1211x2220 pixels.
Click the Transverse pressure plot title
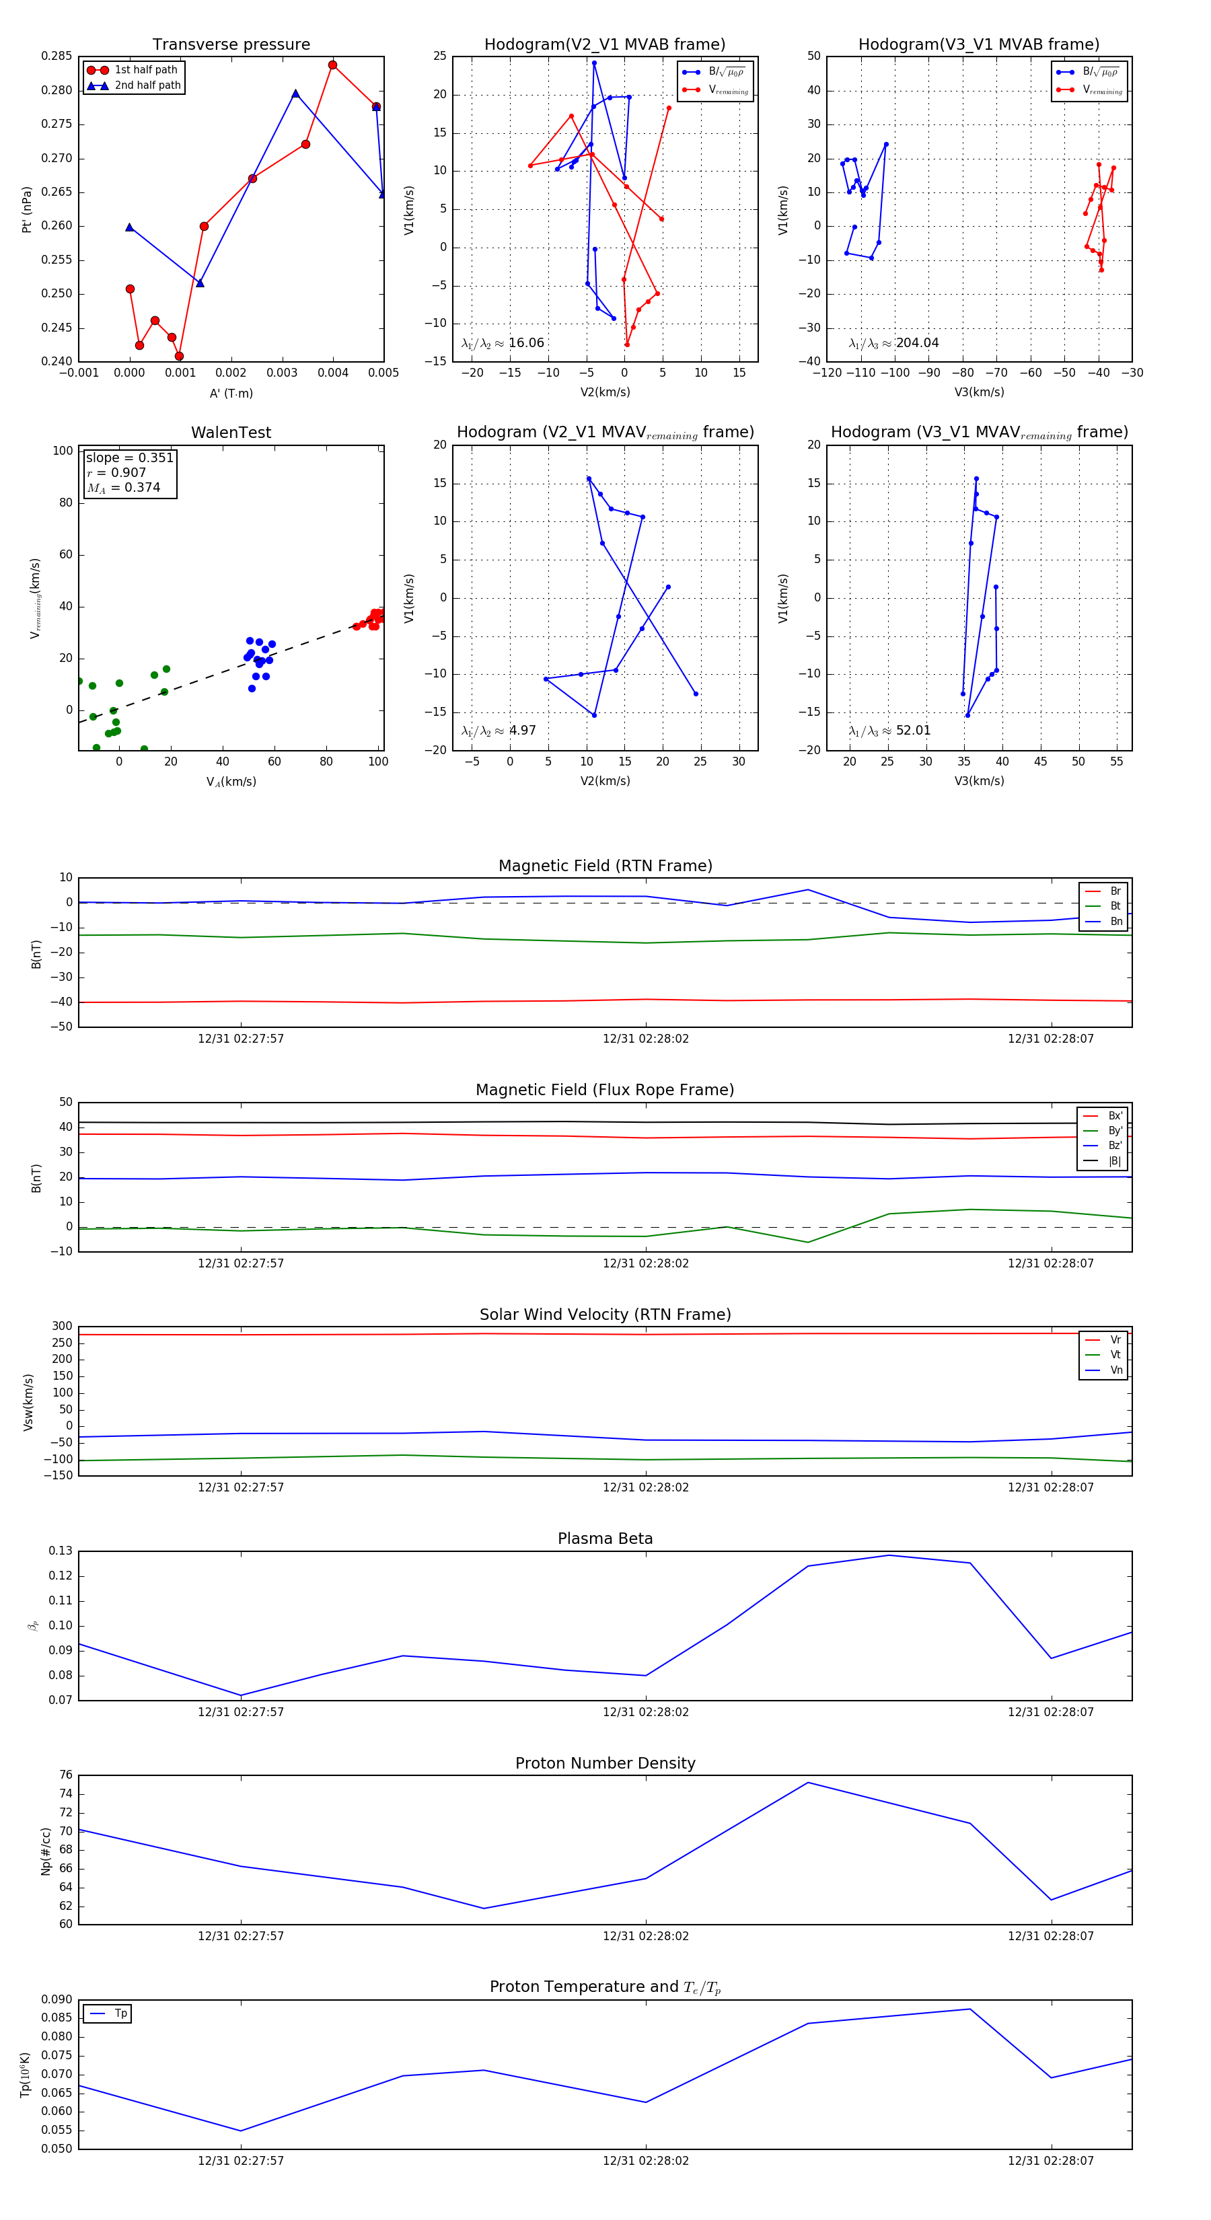pos(231,45)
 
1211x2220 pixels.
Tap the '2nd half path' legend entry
pos(147,85)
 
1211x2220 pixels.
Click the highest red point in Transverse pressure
pos(333,65)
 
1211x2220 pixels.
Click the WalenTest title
pos(231,433)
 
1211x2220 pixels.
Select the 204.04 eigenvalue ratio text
pos(917,343)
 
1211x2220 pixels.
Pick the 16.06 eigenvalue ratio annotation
pos(525,343)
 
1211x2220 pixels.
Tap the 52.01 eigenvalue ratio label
pos(913,731)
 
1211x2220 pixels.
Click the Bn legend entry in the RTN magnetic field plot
pos(1115,921)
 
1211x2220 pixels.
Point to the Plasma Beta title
pos(605,1539)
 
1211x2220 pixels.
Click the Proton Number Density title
pos(605,1763)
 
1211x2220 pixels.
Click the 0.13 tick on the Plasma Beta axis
pos(61,1551)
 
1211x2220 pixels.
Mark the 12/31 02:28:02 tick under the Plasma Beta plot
pos(646,1712)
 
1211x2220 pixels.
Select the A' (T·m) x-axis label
pos(231,394)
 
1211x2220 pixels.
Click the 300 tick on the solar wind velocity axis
pos(62,1327)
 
